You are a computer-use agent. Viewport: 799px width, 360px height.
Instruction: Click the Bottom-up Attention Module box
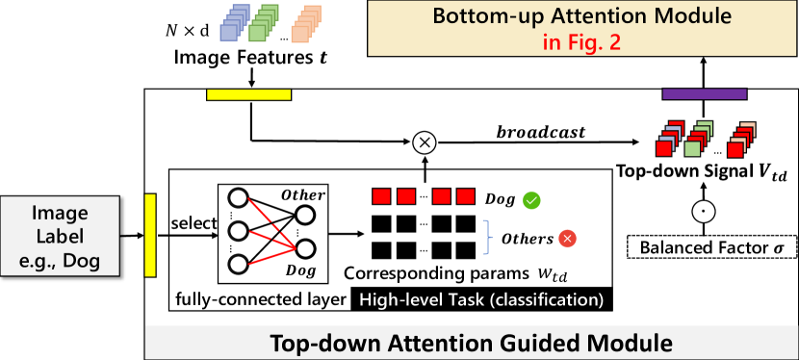point(582,28)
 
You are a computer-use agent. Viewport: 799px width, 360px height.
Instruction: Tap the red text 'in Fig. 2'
point(582,42)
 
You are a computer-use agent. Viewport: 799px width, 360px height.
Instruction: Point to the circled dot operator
point(705,210)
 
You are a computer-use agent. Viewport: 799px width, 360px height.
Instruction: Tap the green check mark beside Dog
point(531,200)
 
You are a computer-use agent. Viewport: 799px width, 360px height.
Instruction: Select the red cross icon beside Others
point(567,238)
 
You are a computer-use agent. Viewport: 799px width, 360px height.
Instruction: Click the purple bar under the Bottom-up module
point(705,93)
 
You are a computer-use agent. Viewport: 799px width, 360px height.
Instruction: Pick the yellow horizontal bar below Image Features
point(248,93)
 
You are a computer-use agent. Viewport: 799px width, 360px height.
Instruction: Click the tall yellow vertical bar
point(150,235)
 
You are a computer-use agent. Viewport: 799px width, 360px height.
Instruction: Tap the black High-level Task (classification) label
point(481,300)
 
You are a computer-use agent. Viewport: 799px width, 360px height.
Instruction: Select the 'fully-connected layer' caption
point(260,300)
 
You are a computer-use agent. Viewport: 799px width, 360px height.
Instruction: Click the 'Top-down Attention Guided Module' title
point(471,343)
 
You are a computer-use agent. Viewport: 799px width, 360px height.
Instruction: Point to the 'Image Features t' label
point(250,58)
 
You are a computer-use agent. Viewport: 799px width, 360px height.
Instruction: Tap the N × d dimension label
point(188,31)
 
